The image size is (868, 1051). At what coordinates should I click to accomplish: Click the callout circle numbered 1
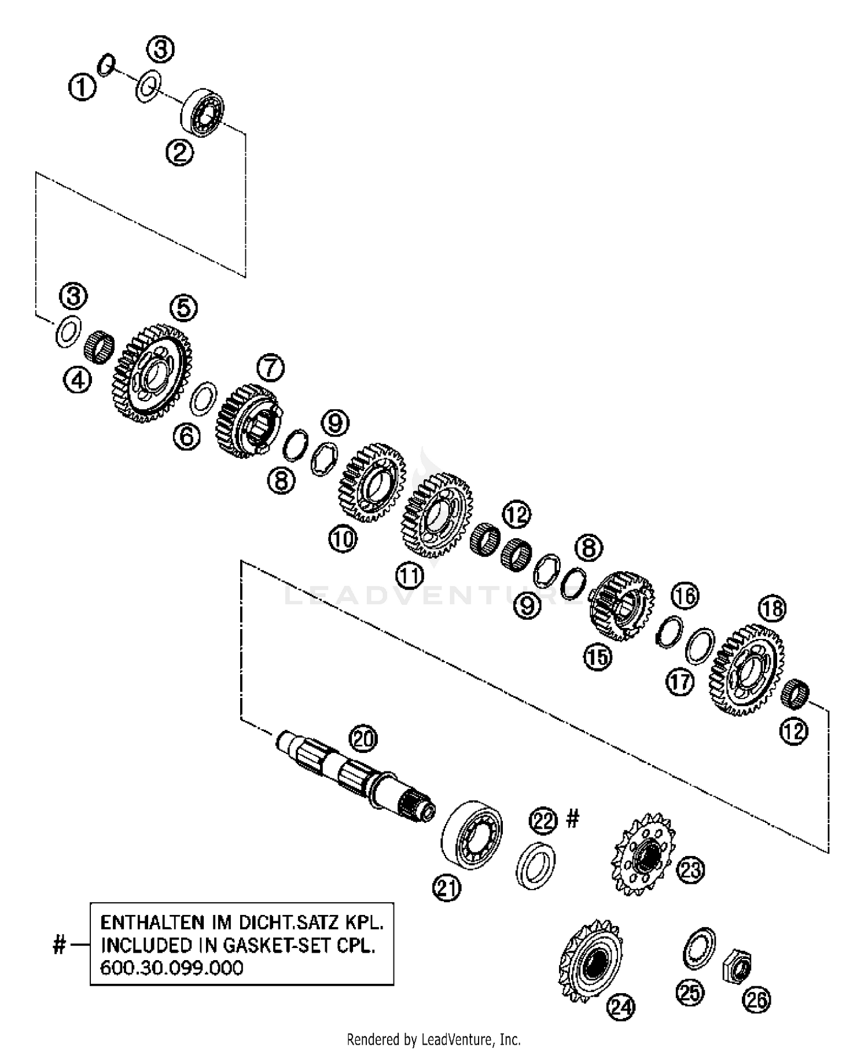pyautogui.click(x=82, y=89)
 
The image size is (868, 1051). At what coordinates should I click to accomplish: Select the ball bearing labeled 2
pyautogui.click(x=203, y=112)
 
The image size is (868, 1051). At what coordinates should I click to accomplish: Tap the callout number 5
pyautogui.click(x=183, y=307)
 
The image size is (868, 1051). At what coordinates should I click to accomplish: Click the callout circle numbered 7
pyautogui.click(x=271, y=368)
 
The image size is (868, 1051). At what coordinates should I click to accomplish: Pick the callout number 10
pyautogui.click(x=343, y=539)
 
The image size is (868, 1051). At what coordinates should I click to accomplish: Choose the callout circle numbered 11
pyautogui.click(x=410, y=575)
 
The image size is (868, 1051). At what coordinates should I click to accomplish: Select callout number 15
pyautogui.click(x=597, y=657)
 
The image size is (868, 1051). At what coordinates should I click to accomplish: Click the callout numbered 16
pyautogui.click(x=685, y=596)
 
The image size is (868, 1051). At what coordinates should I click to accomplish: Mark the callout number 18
pyautogui.click(x=773, y=608)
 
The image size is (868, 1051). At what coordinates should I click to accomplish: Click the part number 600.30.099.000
pyautogui.click(x=172, y=968)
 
